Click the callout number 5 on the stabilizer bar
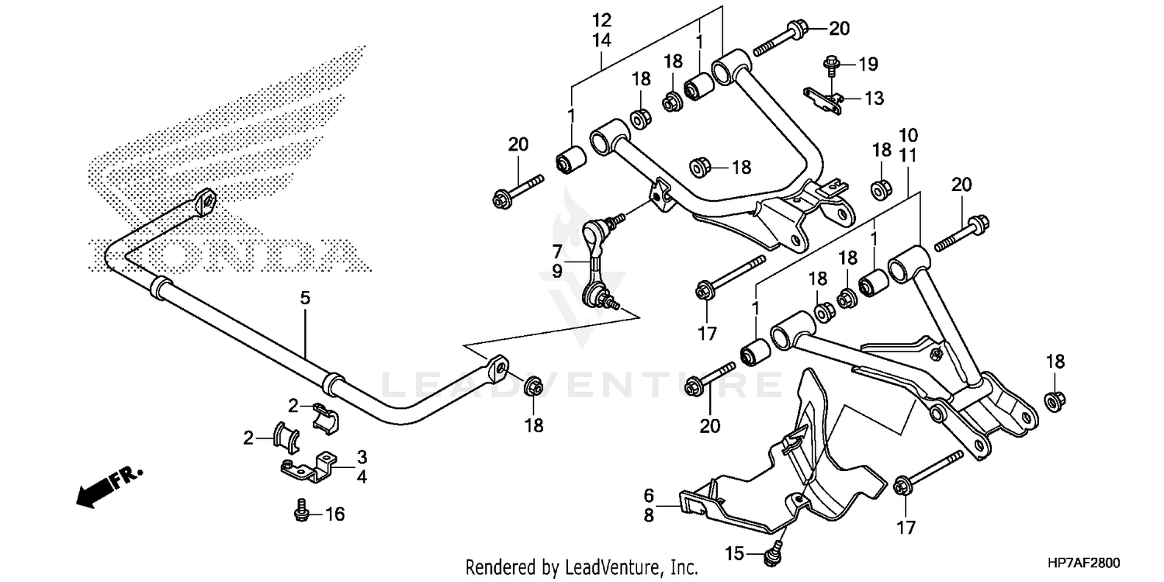pos(305,296)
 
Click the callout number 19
pos(868,62)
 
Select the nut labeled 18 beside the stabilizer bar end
pos(533,385)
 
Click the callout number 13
pos(874,99)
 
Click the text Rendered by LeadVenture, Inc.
pos(582,566)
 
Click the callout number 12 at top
pos(602,19)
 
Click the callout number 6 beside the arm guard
pos(649,494)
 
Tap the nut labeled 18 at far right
pos(1055,400)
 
